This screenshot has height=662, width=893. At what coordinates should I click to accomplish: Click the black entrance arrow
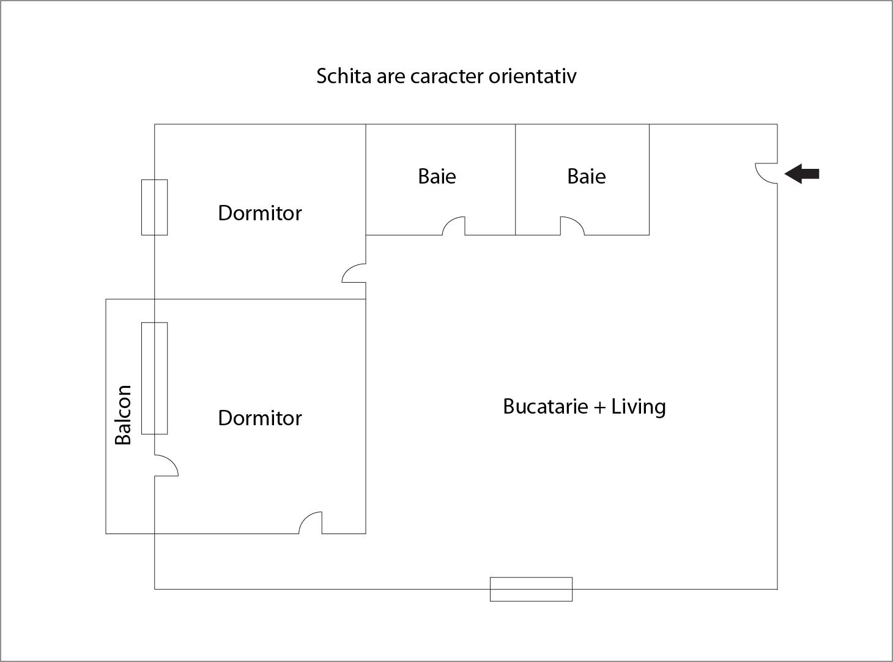802,174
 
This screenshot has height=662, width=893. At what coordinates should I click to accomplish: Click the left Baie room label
437,176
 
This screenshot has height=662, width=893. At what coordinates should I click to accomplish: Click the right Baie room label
586,176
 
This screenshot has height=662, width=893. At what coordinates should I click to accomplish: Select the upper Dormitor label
259,213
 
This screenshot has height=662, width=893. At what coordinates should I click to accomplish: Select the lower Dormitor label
259,418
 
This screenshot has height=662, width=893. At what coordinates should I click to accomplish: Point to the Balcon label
123,414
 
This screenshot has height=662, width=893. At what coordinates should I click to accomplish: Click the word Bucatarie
545,406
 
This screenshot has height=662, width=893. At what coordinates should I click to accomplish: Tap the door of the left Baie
453,226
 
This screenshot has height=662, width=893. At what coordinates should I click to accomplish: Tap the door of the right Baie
572,226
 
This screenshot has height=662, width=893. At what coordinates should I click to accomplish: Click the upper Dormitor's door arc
353,273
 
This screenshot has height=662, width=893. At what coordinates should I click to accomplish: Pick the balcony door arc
166,466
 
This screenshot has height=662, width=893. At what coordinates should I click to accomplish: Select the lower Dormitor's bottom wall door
310,523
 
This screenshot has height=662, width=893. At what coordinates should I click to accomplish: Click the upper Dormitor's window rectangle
154,207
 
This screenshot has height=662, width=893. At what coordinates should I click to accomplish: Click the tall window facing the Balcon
154,378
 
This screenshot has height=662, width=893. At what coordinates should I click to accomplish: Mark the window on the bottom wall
531,589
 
